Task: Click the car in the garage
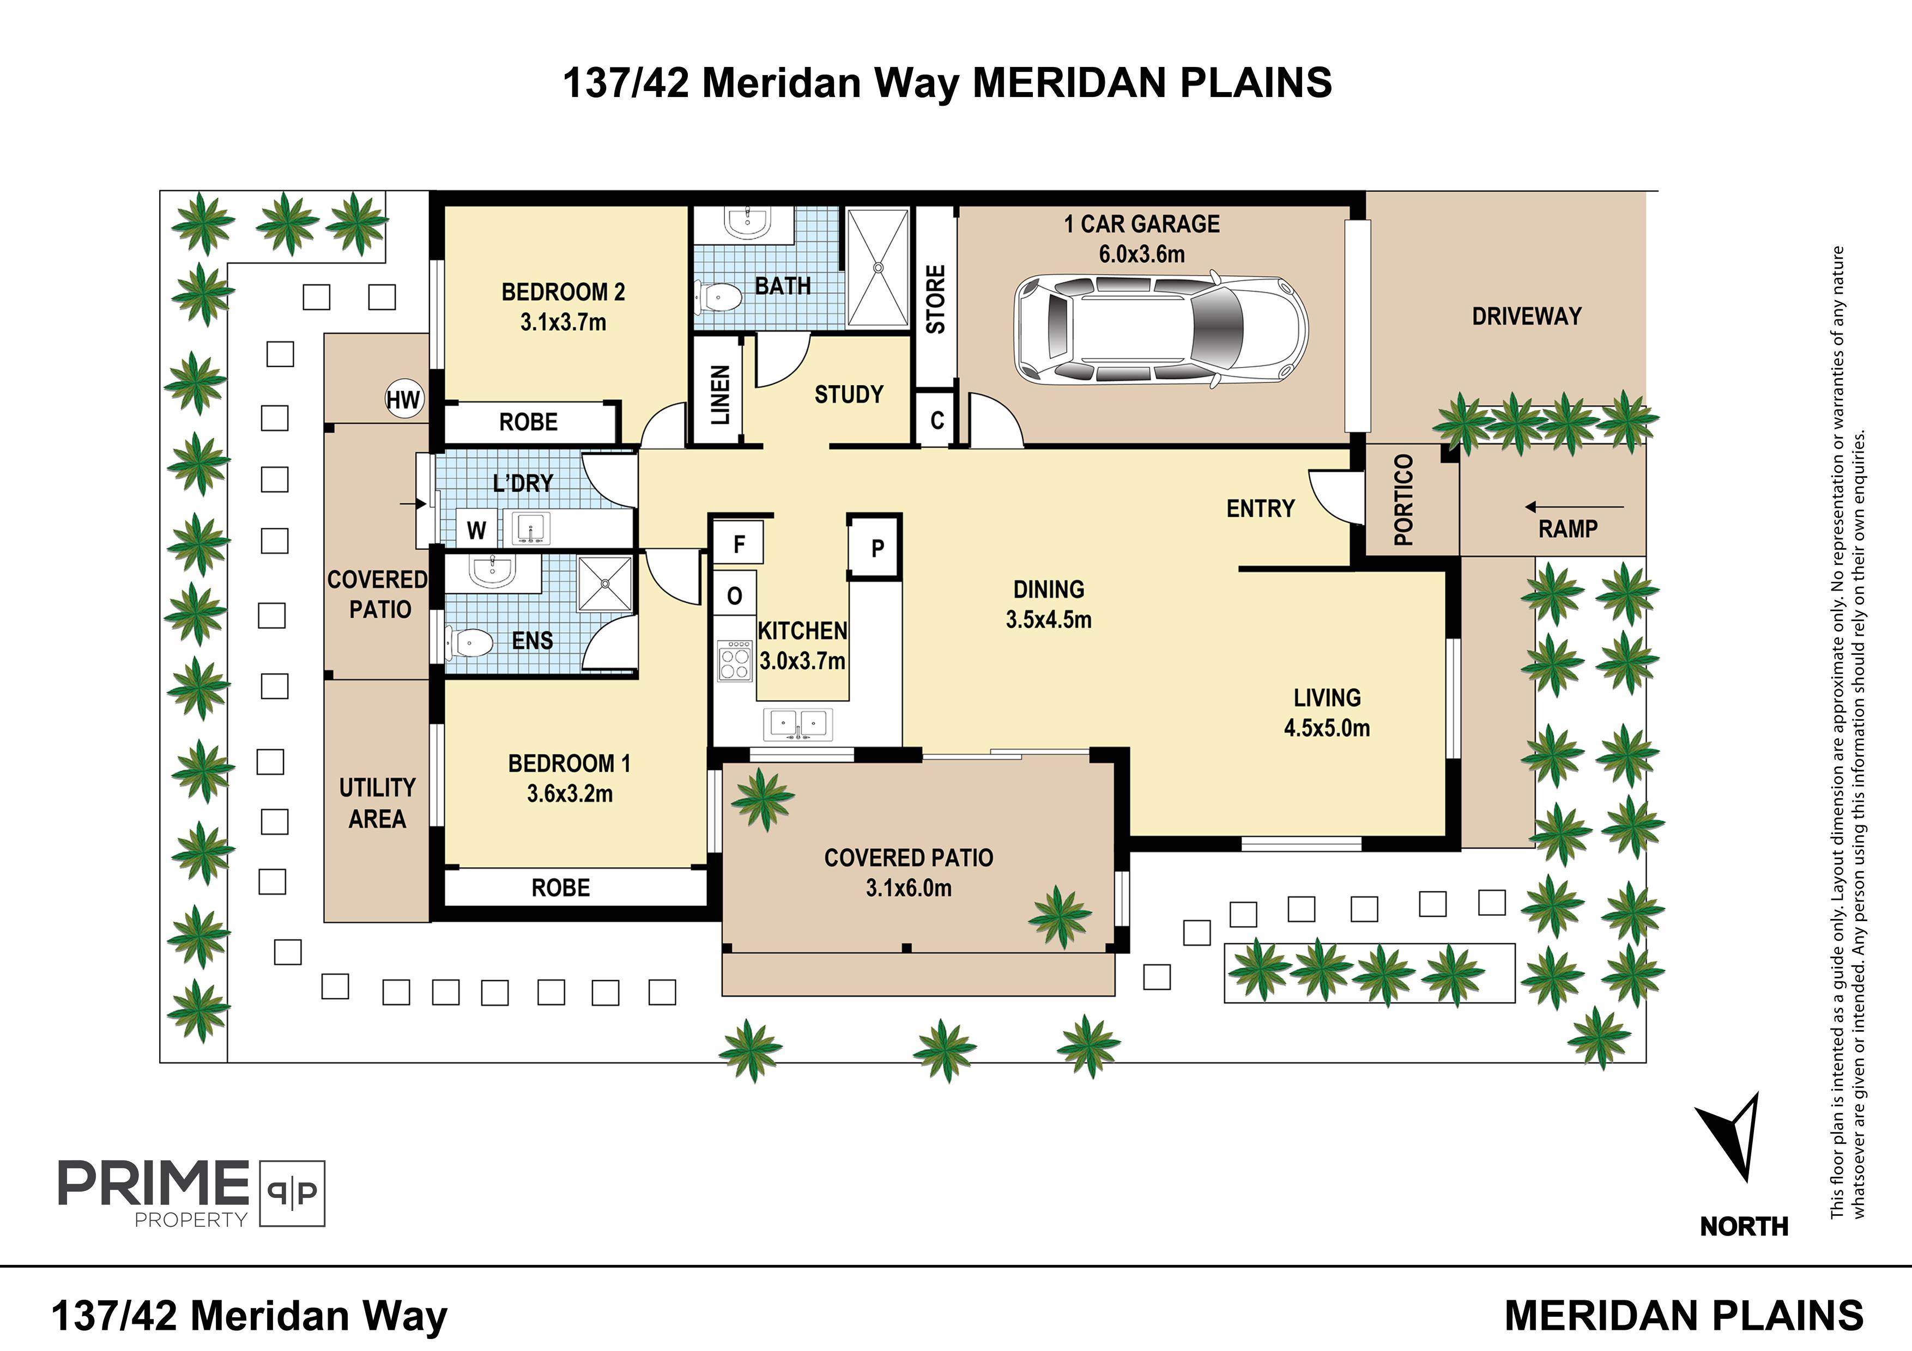[x=1161, y=329]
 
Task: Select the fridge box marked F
[x=739, y=544]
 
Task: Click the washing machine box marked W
[x=476, y=530]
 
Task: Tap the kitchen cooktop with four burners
[x=735, y=661]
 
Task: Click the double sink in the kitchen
[x=798, y=723]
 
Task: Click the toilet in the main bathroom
[x=718, y=297]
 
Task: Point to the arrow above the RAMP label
[x=1574, y=506]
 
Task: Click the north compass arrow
[x=1731, y=1136]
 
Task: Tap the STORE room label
[x=936, y=300]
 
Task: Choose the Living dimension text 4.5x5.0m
[x=1327, y=728]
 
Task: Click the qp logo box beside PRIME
[x=292, y=1193]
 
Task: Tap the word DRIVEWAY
[x=1527, y=317]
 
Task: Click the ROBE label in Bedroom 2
[x=528, y=422]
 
